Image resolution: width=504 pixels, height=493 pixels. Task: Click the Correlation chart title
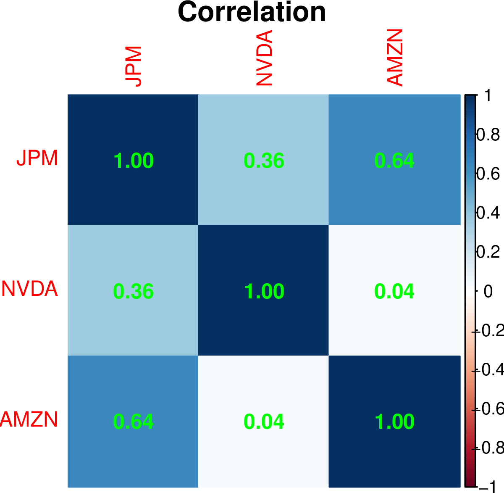[252, 12]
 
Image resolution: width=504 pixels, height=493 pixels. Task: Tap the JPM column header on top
[134, 66]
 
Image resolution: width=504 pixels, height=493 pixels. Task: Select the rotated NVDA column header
[264, 58]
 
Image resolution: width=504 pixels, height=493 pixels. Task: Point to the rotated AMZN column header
[394, 58]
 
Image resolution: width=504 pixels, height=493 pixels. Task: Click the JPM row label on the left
[37, 158]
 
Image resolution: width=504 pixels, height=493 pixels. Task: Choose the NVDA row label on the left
[29, 289]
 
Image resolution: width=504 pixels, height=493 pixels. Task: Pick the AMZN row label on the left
[29, 419]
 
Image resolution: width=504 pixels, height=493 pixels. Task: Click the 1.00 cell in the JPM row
[134, 161]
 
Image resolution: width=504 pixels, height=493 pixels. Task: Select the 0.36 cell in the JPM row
[264, 161]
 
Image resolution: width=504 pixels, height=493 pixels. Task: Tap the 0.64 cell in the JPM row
[394, 161]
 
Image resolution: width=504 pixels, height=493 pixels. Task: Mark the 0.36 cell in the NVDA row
[134, 291]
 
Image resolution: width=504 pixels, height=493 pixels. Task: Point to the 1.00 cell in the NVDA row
[264, 291]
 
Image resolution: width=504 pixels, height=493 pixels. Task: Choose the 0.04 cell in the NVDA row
[394, 291]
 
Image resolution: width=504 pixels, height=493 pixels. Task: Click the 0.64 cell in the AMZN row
[134, 422]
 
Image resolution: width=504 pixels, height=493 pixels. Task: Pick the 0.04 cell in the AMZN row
[264, 422]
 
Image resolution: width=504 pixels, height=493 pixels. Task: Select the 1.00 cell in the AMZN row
[394, 422]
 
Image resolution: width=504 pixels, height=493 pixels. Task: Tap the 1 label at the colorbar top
[488, 96]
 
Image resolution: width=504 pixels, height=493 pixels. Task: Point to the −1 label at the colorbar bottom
[489, 487]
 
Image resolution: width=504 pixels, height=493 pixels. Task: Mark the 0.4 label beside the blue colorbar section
[488, 213]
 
